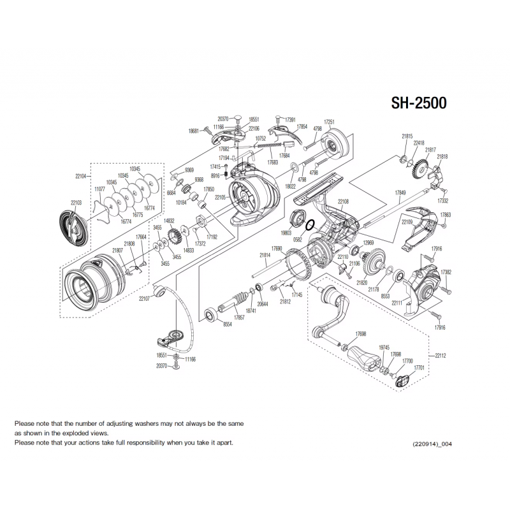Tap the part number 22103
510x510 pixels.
(x=76, y=202)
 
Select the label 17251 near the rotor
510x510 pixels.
(x=329, y=121)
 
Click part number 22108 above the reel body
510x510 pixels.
(x=343, y=201)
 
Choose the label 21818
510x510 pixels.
(x=442, y=156)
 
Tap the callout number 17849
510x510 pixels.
(x=400, y=192)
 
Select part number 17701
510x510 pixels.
(x=419, y=368)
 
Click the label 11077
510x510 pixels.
(x=99, y=189)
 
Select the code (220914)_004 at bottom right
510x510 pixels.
(x=435, y=444)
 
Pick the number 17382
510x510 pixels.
(x=446, y=272)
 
